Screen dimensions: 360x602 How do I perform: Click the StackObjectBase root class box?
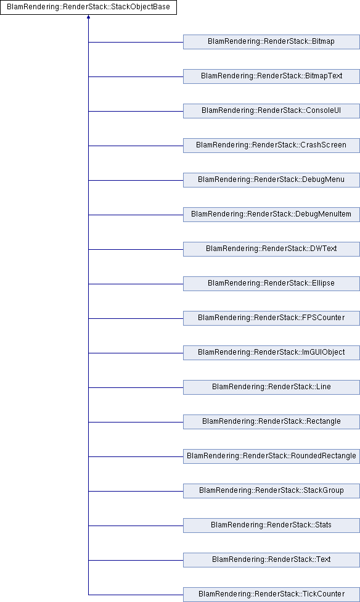(88, 7)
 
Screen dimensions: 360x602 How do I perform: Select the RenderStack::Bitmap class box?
(271, 42)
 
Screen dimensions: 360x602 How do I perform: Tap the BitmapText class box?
(271, 76)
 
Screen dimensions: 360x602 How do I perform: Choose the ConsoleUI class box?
(271, 111)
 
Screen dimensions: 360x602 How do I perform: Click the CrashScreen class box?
(271, 146)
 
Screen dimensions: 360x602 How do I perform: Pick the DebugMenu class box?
(271, 180)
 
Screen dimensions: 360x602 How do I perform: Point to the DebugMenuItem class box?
(271, 215)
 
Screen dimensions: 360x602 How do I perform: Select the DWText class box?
(271, 249)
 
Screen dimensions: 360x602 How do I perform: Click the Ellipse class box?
(271, 284)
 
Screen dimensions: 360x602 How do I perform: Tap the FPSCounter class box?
(271, 318)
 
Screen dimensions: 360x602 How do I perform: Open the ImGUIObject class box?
(271, 353)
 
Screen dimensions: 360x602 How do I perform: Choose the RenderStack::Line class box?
(271, 387)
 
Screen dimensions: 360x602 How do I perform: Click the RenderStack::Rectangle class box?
(271, 422)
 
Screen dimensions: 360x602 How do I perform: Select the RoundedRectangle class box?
(271, 456)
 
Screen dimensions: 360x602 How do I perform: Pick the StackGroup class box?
(271, 491)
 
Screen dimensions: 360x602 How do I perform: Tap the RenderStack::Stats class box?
(271, 526)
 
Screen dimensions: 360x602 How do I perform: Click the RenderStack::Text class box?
(271, 560)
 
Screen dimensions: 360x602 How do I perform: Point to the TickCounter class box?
(271, 595)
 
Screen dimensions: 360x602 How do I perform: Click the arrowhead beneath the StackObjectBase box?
(88, 17)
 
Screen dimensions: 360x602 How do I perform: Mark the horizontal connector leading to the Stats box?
(136, 526)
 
